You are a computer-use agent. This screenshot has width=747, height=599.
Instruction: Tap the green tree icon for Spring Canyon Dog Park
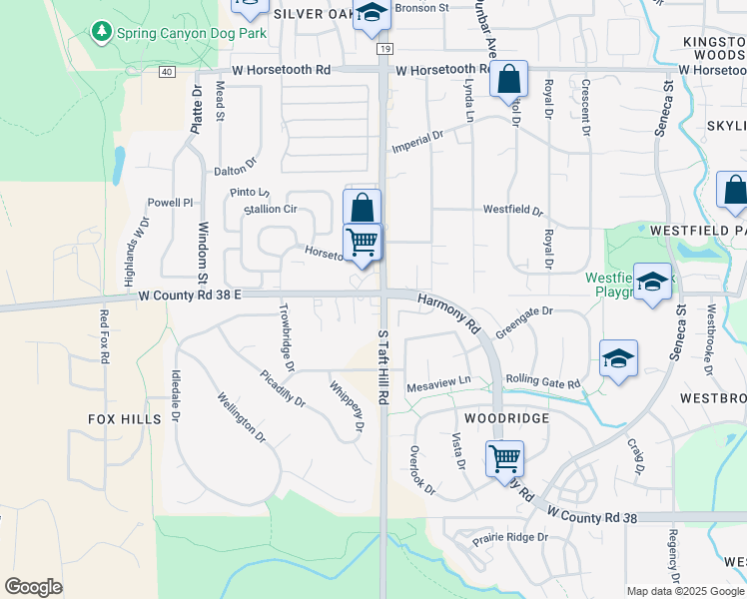(x=101, y=32)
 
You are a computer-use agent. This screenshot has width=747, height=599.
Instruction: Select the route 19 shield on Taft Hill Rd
(x=383, y=48)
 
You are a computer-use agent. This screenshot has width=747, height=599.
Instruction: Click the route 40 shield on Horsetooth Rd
(x=166, y=71)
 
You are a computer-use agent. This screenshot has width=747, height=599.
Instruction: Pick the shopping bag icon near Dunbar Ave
(x=508, y=78)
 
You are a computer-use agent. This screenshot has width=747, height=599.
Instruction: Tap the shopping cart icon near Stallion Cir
(x=363, y=241)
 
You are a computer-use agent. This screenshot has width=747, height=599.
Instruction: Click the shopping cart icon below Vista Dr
(x=505, y=458)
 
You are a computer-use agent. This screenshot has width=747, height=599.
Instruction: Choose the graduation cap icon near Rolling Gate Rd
(x=618, y=358)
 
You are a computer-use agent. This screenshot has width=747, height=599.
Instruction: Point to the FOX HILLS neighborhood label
(x=125, y=419)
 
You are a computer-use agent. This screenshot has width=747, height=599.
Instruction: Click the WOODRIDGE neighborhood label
(x=506, y=418)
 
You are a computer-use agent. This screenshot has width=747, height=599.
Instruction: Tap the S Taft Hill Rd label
(x=382, y=366)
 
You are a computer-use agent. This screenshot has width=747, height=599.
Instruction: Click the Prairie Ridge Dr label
(x=510, y=537)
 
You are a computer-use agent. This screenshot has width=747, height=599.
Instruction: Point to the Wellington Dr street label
(x=241, y=418)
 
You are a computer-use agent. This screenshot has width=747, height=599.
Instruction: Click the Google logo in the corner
(x=33, y=587)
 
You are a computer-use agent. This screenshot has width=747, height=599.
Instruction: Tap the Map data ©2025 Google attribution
(x=685, y=591)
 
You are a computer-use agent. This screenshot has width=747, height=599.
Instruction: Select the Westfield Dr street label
(x=512, y=211)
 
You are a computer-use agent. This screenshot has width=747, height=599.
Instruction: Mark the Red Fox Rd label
(x=104, y=336)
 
